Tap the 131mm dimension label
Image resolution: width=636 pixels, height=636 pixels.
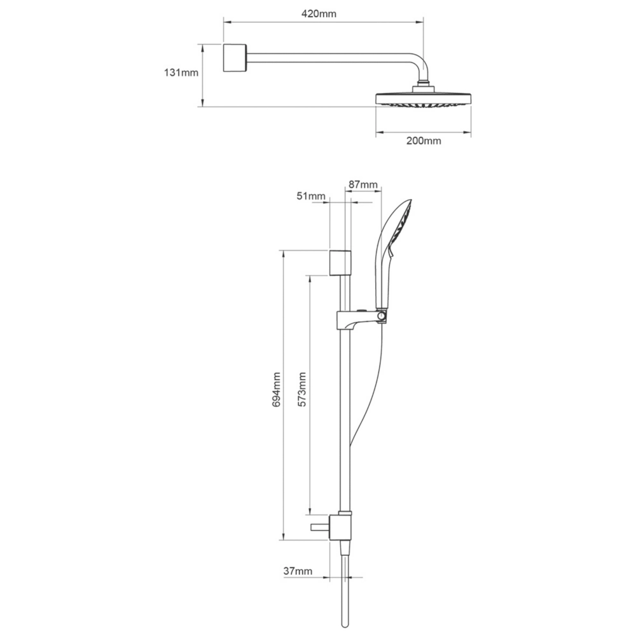tap(181, 73)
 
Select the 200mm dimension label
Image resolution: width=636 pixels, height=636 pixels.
tap(424, 141)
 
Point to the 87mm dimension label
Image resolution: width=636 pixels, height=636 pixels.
tap(364, 185)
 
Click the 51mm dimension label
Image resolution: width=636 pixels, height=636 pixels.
tap(311, 197)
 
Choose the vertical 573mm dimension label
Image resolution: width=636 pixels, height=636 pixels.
tap(303, 389)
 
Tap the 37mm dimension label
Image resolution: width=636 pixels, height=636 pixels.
tap(298, 571)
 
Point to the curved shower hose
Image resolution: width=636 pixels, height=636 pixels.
tap(373, 388)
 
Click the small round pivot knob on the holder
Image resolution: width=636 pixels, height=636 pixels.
tap(382, 315)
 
